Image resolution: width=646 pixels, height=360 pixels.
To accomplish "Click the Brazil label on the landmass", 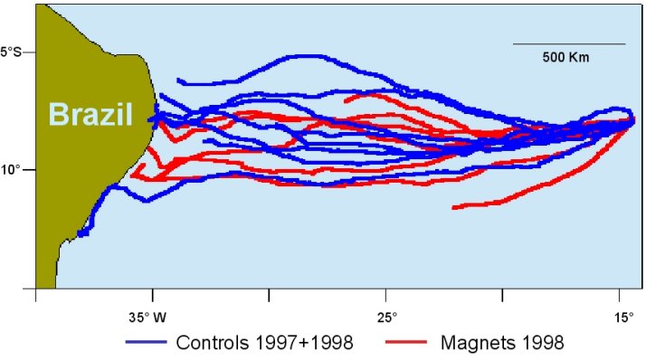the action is point(90,114).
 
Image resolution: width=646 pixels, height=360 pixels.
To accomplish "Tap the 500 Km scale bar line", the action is point(569,43).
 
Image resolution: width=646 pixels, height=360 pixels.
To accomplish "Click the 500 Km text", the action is point(565,57).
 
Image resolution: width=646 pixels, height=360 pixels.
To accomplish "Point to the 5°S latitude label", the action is point(11,52).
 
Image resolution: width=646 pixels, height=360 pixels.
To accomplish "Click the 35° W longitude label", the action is point(147,317).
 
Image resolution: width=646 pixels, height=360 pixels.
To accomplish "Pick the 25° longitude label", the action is point(388,317).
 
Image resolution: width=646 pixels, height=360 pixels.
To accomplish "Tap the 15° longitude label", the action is point(624,317).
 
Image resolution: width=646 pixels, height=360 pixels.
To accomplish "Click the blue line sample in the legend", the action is point(147,342).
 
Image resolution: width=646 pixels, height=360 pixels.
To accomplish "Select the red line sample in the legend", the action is point(406,342).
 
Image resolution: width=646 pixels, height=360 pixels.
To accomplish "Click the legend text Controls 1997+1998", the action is point(264,342).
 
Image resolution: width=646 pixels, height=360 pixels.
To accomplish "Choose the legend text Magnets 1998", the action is point(502,342).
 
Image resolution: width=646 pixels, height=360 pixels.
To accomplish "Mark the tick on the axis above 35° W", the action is point(153,295).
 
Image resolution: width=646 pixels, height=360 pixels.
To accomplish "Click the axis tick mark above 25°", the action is point(386,295).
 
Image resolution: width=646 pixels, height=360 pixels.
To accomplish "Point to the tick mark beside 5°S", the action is point(29,52).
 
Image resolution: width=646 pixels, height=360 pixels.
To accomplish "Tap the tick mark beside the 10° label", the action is point(29,169).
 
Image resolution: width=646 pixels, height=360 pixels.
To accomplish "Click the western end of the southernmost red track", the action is point(453,208).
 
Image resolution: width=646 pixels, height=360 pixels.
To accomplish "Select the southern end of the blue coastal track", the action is point(80,234).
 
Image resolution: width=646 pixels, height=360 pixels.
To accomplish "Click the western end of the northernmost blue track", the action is point(178,81).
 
